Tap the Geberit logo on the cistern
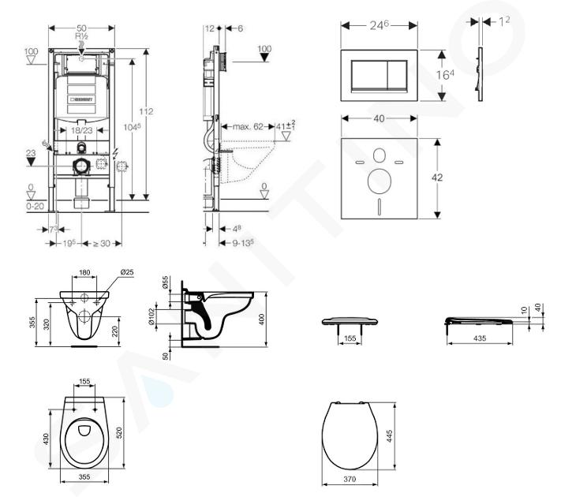pyautogui.click(x=81, y=100)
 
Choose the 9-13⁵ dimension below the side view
pyautogui.click(x=241, y=242)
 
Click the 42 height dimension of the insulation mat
pyautogui.click(x=436, y=177)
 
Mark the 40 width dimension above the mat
pyautogui.click(x=380, y=118)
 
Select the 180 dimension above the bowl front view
pyautogui.click(x=84, y=274)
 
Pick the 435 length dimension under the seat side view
pyautogui.click(x=478, y=338)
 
